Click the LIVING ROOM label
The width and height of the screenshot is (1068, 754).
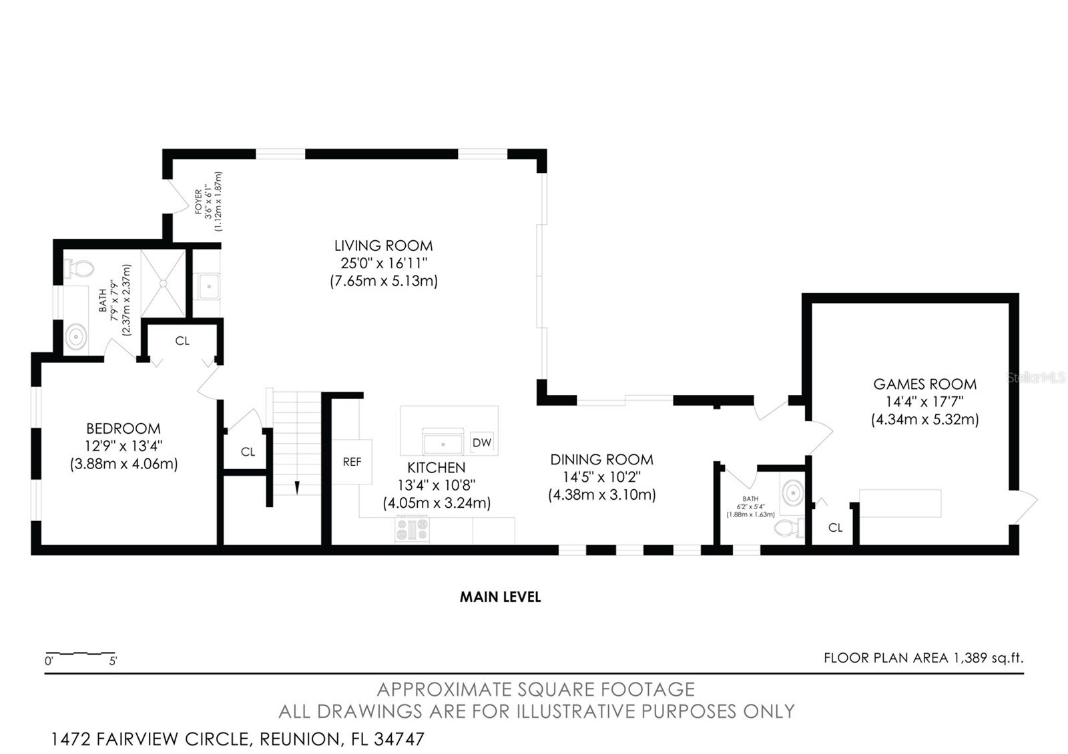pos(383,246)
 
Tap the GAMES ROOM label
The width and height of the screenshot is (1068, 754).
pos(924,384)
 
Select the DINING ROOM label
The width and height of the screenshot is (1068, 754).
pos(601,460)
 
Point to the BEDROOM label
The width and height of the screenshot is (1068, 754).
pos(123,428)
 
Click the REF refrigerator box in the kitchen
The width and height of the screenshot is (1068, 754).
pos(352,461)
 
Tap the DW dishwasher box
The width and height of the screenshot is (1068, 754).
pos(481,442)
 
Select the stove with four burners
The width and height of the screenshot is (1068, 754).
pos(412,530)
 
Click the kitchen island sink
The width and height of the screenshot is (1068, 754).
pos(443,442)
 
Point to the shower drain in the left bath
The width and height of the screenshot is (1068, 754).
pos(163,284)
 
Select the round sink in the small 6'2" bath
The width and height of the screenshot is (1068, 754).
pos(792,493)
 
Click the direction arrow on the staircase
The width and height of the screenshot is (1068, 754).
pos(297,488)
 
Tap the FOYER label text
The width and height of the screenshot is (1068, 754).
pos(198,202)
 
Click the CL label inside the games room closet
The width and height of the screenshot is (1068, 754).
pos(835,528)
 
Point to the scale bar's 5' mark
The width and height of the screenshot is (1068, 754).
pos(113,661)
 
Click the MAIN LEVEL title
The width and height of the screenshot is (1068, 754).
pos(500,597)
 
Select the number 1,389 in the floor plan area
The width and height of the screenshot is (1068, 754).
pos(971,658)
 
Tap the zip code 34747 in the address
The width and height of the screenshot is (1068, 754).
pos(399,739)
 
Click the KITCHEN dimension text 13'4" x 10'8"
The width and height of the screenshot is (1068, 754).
pos(437,485)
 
